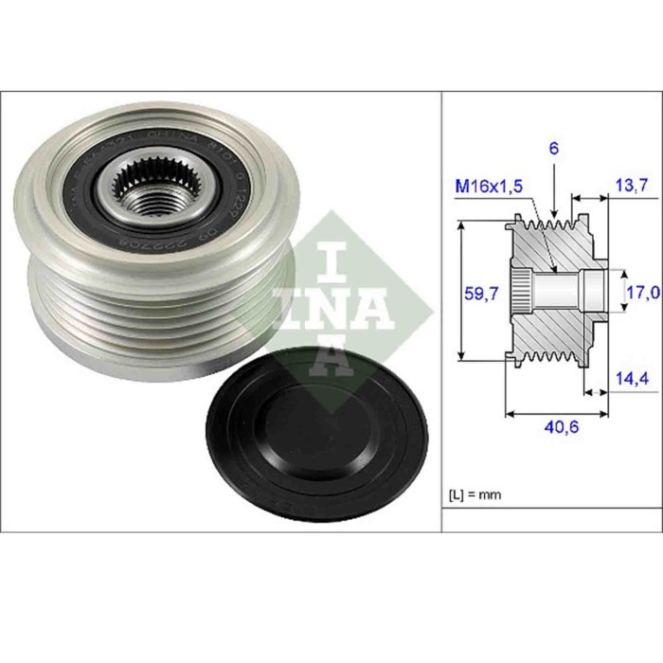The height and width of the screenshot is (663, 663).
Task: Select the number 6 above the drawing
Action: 554,149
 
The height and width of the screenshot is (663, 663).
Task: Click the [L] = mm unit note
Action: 474,494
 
